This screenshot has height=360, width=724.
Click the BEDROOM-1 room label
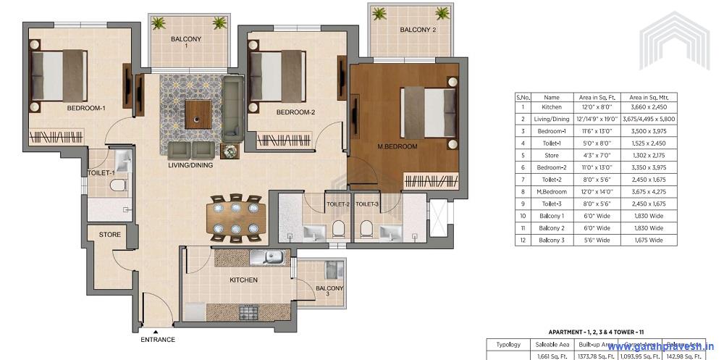point(86,108)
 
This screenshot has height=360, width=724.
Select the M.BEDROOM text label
point(397,147)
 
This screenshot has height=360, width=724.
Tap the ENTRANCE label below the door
point(157,338)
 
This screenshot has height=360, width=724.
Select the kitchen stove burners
point(250,313)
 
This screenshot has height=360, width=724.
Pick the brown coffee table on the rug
point(198,112)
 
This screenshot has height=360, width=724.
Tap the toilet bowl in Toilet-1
point(117,186)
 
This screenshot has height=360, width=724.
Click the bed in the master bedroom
point(429,117)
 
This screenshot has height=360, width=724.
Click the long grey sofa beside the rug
point(233,107)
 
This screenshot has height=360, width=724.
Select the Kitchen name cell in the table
point(552,107)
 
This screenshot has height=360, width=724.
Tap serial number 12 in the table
point(522,240)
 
